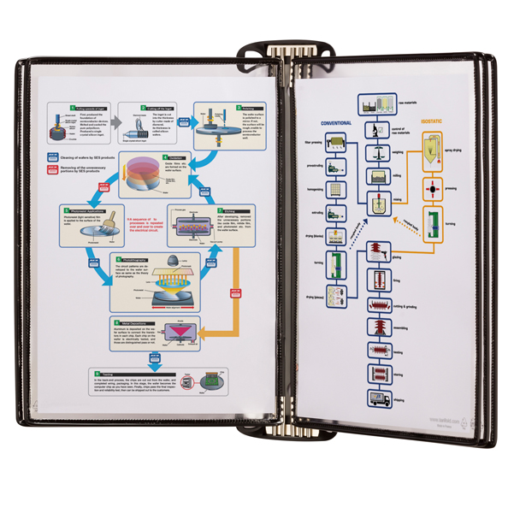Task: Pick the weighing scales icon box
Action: [375, 154]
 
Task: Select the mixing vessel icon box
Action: [375, 202]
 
